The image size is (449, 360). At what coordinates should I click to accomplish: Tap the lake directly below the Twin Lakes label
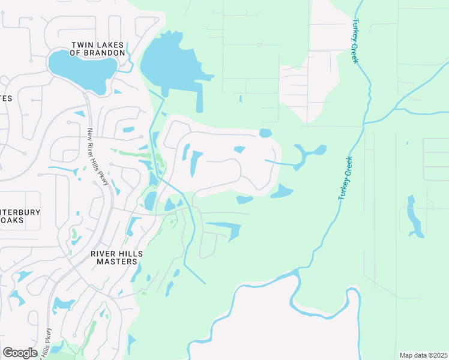81,70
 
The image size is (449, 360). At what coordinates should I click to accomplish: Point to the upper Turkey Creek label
355,41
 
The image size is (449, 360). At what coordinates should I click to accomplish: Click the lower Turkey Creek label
344,178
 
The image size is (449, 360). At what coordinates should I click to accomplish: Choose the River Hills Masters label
117,258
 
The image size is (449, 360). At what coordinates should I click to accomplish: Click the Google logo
20,353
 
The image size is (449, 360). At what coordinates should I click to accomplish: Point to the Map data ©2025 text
423,355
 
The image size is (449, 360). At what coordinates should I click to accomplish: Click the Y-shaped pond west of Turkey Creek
310,154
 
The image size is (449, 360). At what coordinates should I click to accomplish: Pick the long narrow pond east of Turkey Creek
413,215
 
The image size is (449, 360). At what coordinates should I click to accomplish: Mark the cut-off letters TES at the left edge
6,98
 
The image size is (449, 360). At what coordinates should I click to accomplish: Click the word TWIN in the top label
81,44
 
